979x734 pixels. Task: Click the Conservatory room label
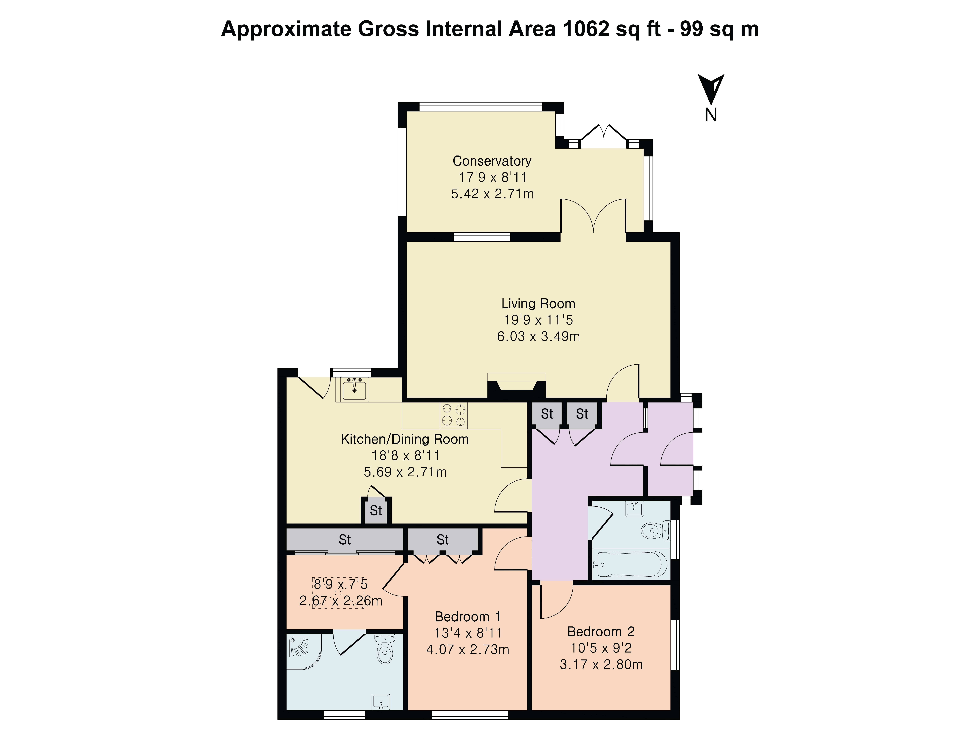click(x=492, y=161)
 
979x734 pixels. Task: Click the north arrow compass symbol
click(x=711, y=89)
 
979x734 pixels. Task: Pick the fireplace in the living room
click(x=517, y=386)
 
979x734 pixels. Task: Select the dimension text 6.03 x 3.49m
click(x=538, y=337)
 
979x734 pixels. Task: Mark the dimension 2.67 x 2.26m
click(x=341, y=601)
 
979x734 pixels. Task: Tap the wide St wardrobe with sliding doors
click(x=345, y=540)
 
